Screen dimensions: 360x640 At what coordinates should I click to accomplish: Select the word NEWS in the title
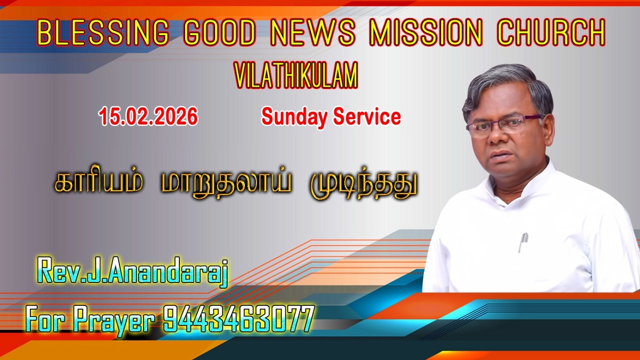[312, 33]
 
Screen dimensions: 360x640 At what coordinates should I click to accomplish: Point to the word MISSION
[425, 33]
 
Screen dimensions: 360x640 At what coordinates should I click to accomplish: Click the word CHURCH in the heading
[550, 33]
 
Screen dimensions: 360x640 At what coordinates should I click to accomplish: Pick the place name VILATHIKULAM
[296, 76]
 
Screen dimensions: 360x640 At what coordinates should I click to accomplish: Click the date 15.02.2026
[148, 117]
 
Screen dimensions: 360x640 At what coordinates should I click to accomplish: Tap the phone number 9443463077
[238, 318]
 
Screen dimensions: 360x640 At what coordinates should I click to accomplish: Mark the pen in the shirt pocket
[523, 242]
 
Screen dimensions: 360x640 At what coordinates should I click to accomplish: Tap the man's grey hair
[505, 82]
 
